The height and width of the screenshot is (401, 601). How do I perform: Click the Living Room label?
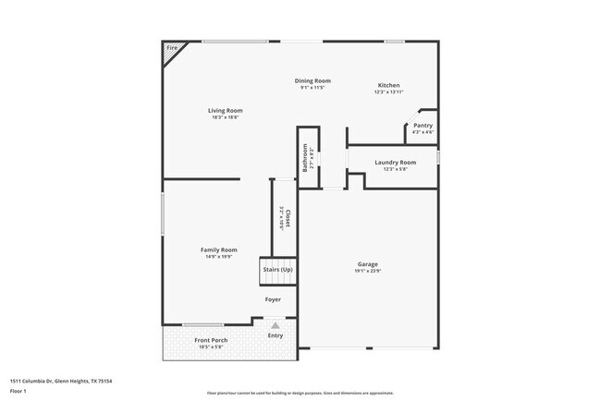(x=225, y=111)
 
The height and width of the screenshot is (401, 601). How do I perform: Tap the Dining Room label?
(x=313, y=80)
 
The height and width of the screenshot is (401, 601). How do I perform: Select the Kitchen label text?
(x=388, y=85)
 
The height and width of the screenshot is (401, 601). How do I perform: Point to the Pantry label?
(x=423, y=125)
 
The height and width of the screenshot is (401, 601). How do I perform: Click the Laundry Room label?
(x=395, y=162)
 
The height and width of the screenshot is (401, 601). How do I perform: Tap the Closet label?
(x=288, y=217)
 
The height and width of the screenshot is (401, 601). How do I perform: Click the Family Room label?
(x=219, y=249)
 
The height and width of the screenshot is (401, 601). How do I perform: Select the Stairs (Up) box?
(x=277, y=269)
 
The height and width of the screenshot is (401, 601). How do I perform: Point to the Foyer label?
(x=273, y=299)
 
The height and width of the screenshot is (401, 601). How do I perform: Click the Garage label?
(x=367, y=264)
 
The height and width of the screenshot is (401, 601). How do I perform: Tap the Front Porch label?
(x=211, y=340)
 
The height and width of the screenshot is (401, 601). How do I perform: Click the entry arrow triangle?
(x=275, y=325)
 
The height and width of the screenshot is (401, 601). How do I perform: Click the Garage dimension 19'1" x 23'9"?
(x=367, y=271)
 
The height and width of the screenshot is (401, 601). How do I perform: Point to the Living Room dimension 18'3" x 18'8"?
(x=225, y=117)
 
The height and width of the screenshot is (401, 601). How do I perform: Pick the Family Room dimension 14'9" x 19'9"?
(x=219, y=256)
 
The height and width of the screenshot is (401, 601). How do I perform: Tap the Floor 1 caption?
(x=18, y=391)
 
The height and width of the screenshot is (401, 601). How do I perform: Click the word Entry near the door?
(x=276, y=335)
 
